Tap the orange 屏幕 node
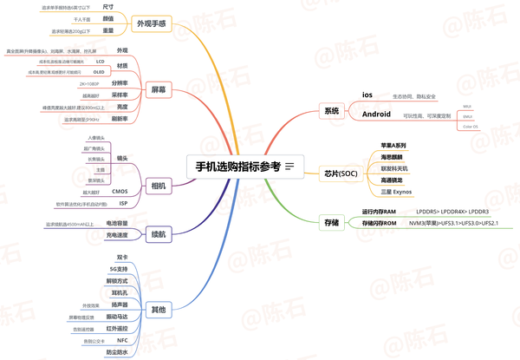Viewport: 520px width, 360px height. click(x=158, y=89)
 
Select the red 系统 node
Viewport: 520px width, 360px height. click(x=331, y=111)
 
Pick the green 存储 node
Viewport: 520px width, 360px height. click(x=331, y=222)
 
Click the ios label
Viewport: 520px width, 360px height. click(x=367, y=94)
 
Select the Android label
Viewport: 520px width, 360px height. click(x=375, y=114)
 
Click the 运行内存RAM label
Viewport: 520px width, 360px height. click(x=378, y=212)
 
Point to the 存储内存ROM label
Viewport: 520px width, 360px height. click(x=378, y=224)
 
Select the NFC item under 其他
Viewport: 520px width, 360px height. click(x=122, y=341)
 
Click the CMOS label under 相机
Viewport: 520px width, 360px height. click(x=120, y=191)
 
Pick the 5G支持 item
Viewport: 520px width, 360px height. click(x=122, y=270)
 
